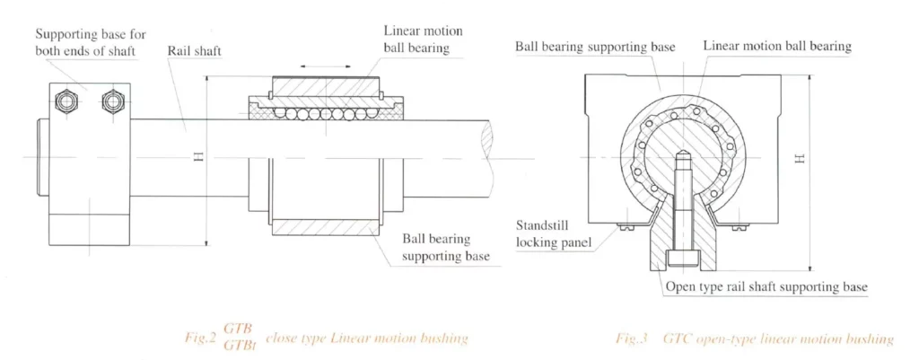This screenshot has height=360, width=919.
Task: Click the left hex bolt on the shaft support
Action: (x=65, y=101)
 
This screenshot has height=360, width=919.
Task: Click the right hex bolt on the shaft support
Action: (x=110, y=101)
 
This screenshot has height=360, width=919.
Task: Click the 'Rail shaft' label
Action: (x=194, y=52)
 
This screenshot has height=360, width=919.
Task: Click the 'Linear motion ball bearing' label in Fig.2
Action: (x=416, y=40)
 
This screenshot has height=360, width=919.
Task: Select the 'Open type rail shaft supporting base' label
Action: (x=766, y=287)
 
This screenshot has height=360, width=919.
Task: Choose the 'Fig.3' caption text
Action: (x=635, y=339)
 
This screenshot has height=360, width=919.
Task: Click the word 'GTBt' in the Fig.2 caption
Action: (x=238, y=347)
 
